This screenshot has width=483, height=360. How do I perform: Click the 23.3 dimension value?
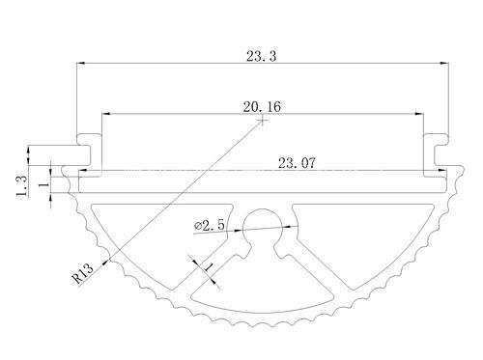pos(261,56)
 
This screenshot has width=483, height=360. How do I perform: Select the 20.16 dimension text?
pos(262,106)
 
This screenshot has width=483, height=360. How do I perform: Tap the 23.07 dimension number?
pos(297,163)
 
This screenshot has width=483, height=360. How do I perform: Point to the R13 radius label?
pos(83,273)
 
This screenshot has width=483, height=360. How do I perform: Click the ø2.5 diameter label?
pos(210,225)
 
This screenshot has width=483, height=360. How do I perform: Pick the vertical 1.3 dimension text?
pos(22,186)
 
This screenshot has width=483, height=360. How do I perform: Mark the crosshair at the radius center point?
pos(263,121)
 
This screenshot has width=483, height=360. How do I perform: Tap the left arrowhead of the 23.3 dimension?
pos(80,63)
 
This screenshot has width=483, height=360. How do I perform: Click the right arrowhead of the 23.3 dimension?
pos(444,63)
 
